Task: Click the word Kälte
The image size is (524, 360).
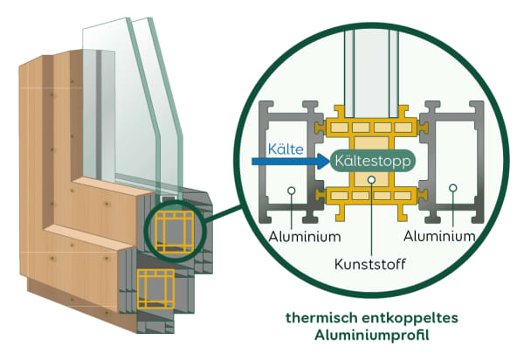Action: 286,149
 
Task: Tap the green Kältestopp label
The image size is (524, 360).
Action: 372,161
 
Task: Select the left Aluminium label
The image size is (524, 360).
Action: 292,236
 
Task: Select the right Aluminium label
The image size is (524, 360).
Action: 439,236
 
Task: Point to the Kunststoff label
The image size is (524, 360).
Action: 371,262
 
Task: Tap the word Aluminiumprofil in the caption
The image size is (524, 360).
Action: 371,336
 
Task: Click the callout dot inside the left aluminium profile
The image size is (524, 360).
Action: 292,187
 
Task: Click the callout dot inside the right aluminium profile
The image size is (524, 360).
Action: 452,187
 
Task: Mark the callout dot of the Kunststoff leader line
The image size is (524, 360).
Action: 372,181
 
